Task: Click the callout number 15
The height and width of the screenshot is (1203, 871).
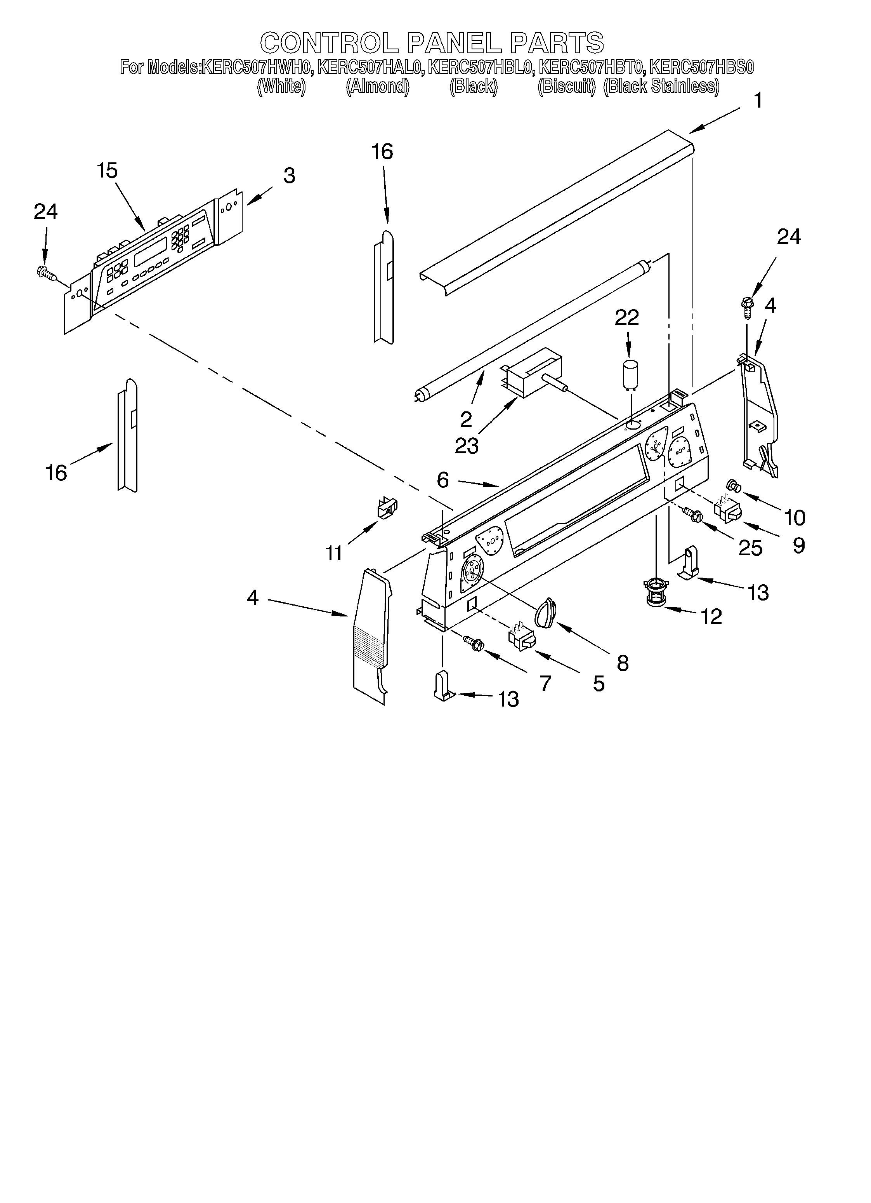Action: coord(107,171)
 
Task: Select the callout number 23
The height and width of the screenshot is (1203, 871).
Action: coord(467,446)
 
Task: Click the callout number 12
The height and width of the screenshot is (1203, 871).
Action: coord(711,616)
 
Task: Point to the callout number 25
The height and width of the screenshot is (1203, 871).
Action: coord(750,548)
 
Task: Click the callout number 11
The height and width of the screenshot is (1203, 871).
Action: coord(333,553)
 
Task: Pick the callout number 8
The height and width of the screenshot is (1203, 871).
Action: coord(623,663)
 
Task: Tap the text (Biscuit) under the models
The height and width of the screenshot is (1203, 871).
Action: coord(566,86)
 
